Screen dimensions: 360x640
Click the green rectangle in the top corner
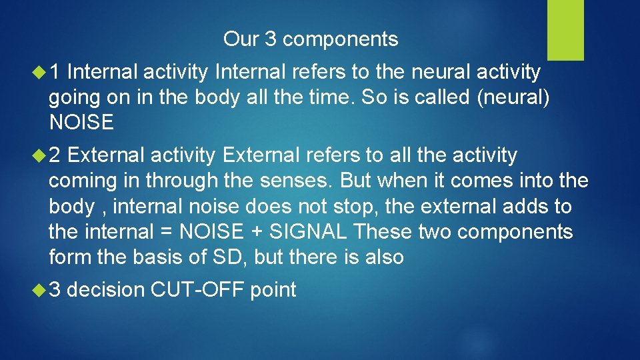pos(565,30)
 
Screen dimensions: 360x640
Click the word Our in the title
pos(241,39)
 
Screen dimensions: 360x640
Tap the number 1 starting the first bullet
pos(57,71)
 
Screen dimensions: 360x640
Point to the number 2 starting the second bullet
pos(57,155)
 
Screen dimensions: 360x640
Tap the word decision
pos(106,290)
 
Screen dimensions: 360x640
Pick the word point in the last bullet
pos(273,291)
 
